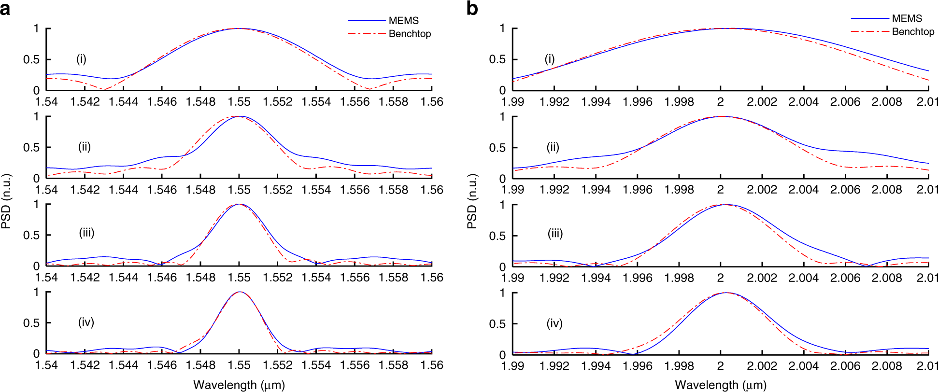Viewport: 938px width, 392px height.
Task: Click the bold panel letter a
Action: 5,9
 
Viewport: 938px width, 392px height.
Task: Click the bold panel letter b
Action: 472,9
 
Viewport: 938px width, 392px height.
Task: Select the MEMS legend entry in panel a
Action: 403,21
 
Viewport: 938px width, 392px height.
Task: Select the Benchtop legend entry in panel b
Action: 912,32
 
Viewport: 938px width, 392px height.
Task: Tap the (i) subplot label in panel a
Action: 81,59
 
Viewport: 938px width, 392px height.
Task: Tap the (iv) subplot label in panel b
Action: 554,323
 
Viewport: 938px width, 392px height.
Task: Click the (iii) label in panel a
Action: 86,233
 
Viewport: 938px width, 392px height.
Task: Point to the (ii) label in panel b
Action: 553,147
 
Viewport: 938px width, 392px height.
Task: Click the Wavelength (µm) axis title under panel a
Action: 239,385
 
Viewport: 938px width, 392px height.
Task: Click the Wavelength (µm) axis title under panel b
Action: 720,385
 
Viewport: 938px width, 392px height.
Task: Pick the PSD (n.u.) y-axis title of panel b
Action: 472,201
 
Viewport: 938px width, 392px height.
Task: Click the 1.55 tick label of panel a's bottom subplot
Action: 239,365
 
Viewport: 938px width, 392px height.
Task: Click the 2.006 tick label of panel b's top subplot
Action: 845,102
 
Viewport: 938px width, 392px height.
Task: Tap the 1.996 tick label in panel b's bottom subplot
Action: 637,366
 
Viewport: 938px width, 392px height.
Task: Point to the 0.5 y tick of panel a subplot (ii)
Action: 31,147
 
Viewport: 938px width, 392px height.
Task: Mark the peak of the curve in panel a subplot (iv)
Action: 240,292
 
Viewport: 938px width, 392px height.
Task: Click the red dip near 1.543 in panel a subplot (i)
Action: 104,89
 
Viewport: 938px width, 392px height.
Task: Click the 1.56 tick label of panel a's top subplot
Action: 431,102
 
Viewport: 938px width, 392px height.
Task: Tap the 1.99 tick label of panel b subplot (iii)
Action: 512,278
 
